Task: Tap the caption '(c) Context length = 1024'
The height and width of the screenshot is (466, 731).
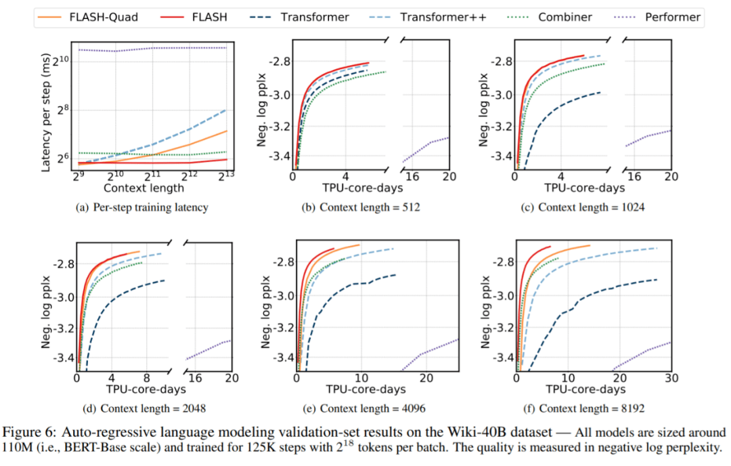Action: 581,208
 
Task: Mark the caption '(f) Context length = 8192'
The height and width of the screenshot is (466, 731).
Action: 581,408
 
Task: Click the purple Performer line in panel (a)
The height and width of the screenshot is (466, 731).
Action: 149,49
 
